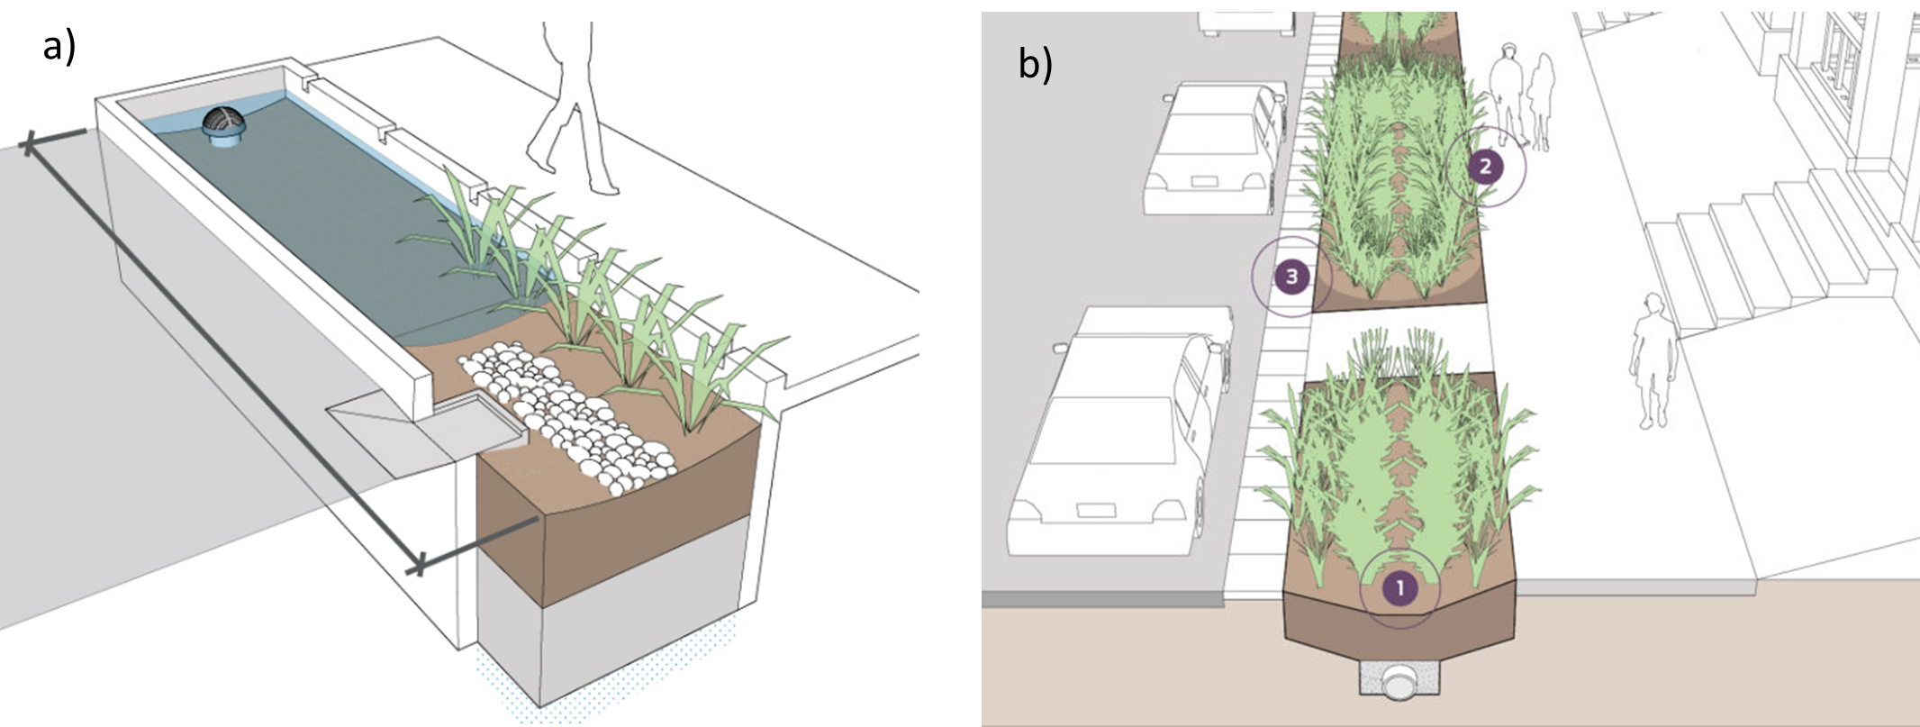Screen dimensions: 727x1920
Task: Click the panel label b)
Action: pyautogui.click(x=1035, y=64)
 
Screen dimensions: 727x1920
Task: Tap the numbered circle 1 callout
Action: pyautogui.click(x=1399, y=588)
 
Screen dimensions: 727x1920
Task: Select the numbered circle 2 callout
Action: pyautogui.click(x=1485, y=166)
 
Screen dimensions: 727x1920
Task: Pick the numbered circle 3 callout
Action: pyautogui.click(x=1291, y=276)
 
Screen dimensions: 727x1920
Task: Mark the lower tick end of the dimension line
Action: pyautogui.click(x=418, y=567)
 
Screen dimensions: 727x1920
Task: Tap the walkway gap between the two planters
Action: pyautogui.click(x=1396, y=339)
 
